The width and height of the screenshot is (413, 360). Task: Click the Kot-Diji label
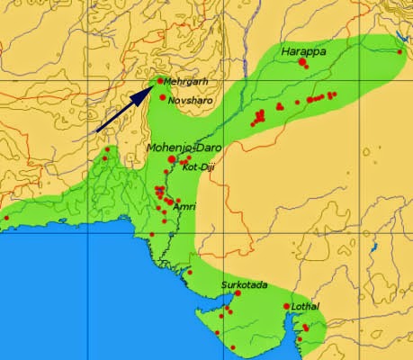[x=196, y=167]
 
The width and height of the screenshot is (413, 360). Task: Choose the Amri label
[x=184, y=206]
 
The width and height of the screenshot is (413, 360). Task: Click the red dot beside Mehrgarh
[x=160, y=80]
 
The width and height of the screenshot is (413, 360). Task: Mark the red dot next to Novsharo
[x=163, y=97]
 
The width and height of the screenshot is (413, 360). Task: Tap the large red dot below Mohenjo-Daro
[x=172, y=158]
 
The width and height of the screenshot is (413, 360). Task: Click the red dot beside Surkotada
[x=238, y=293]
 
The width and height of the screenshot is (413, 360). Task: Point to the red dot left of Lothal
[x=286, y=307]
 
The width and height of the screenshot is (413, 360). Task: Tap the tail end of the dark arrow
[x=97, y=132]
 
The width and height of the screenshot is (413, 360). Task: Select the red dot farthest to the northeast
[x=400, y=51]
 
